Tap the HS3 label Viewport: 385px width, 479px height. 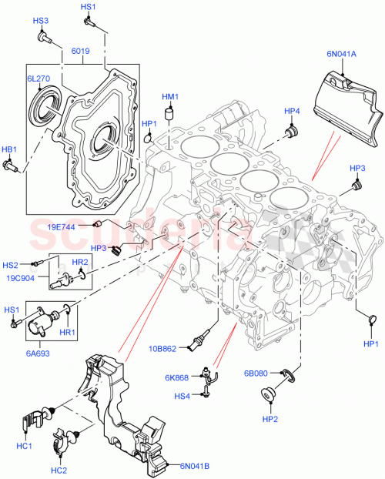[40, 21]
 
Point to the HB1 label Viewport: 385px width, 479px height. [9, 149]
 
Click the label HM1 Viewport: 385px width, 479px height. [170, 97]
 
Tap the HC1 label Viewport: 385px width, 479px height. [25, 447]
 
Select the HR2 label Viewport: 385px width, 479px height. [82, 263]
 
